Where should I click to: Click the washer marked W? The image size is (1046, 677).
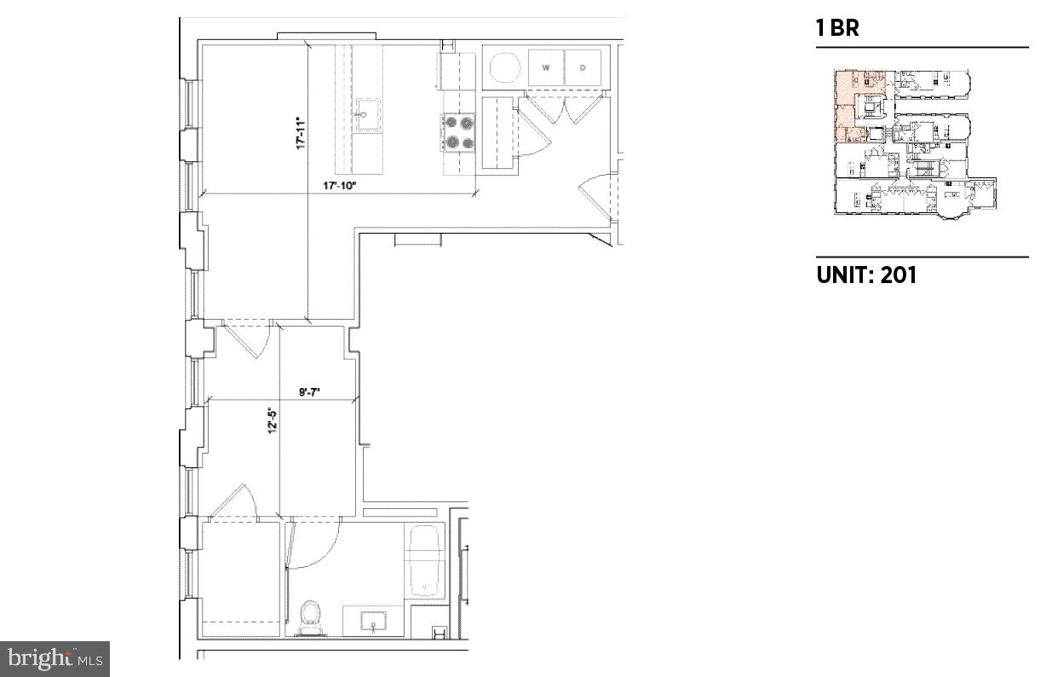pos(545,67)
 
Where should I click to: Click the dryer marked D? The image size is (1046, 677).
pos(583,67)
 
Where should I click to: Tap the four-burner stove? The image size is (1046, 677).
pos(458,132)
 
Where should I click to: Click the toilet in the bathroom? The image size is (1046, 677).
pos(311,616)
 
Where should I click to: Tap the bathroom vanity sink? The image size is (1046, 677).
pos(374,622)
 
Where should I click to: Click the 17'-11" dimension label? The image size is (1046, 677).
pos(301,134)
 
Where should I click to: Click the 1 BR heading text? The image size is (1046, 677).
pos(837,28)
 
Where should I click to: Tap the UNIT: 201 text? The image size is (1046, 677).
pos(866,275)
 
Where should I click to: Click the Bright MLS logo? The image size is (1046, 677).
pos(55,658)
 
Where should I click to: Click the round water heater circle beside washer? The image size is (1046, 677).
pos(504,67)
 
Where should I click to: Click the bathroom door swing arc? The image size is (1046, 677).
pos(315,546)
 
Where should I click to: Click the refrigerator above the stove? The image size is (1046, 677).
pos(457,72)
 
